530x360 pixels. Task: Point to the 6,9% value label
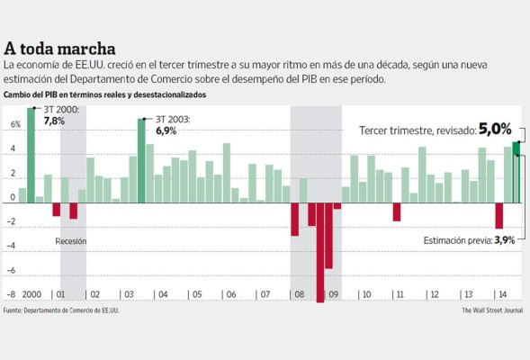coord(166,130)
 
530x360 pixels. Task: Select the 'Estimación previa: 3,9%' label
coord(470,240)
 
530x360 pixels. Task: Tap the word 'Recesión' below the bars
coord(71,241)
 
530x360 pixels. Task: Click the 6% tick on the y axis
coord(14,125)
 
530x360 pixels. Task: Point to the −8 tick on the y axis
coord(13,294)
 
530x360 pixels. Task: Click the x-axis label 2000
coord(31,294)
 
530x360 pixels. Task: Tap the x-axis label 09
coord(333,294)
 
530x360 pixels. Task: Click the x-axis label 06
coord(230,294)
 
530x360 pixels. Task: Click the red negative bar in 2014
coord(499,216)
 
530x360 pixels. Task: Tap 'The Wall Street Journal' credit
coord(492,310)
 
